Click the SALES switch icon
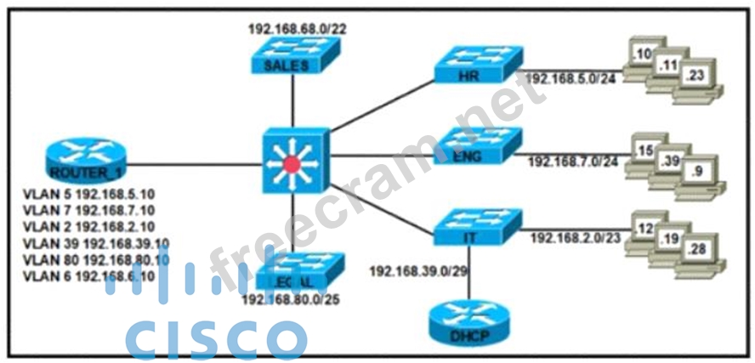[x=292, y=57]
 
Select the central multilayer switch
[x=292, y=162]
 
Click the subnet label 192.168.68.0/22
[x=297, y=28]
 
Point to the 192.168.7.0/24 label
[x=571, y=160]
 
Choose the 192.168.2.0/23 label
[x=573, y=238]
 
